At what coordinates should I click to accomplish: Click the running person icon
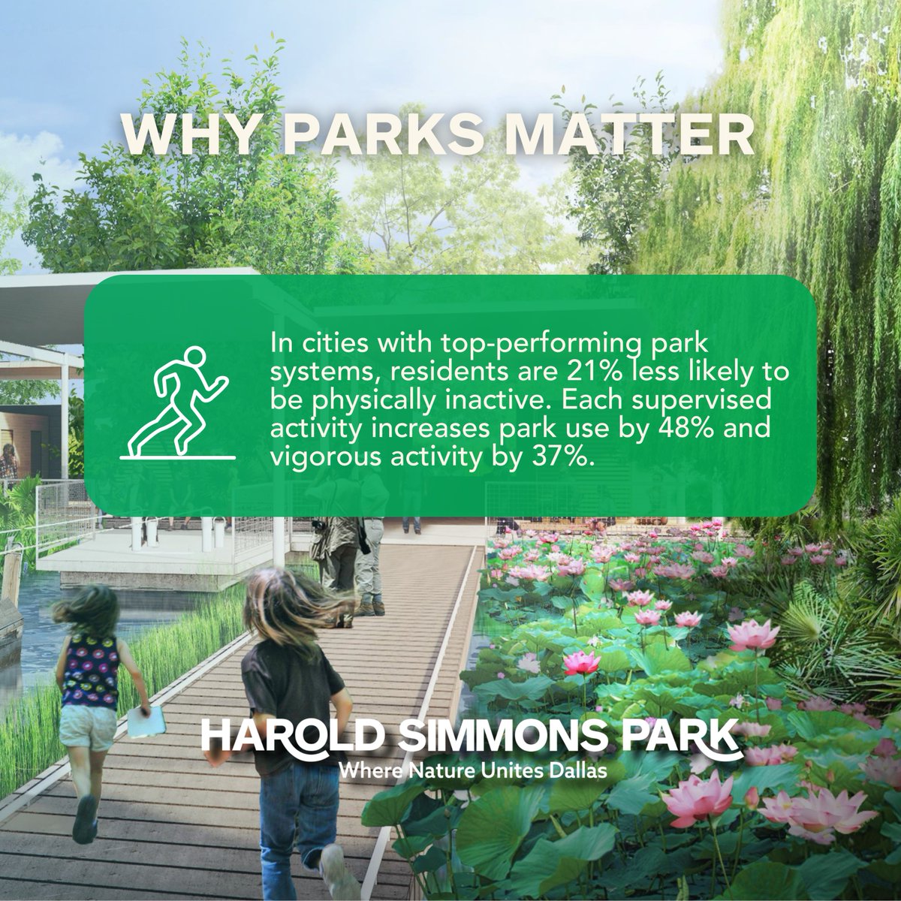click(x=178, y=402)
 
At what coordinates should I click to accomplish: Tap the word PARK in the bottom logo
click(x=686, y=735)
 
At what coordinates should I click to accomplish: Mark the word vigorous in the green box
click(x=322, y=456)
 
